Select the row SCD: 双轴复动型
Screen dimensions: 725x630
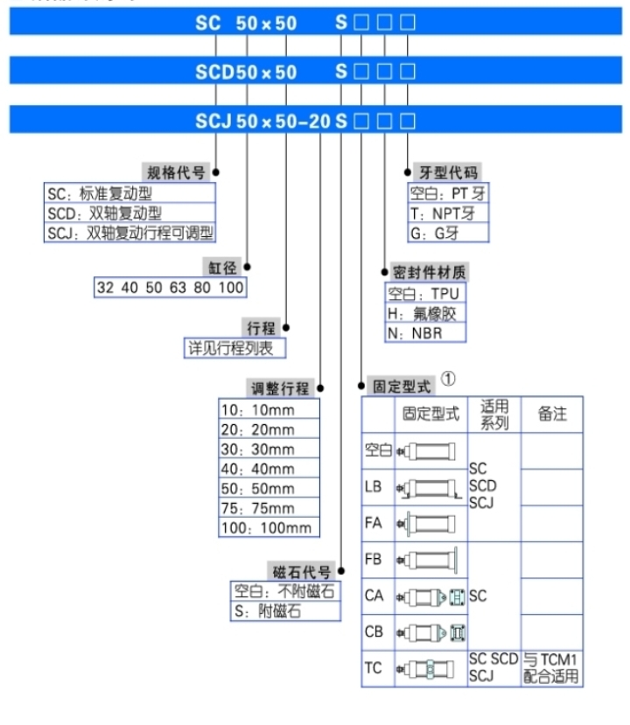[x=104, y=213]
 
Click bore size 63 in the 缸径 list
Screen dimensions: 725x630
[x=178, y=288]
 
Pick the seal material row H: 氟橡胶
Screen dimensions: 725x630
[x=423, y=313]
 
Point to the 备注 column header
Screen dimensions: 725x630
[x=551, y=414]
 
